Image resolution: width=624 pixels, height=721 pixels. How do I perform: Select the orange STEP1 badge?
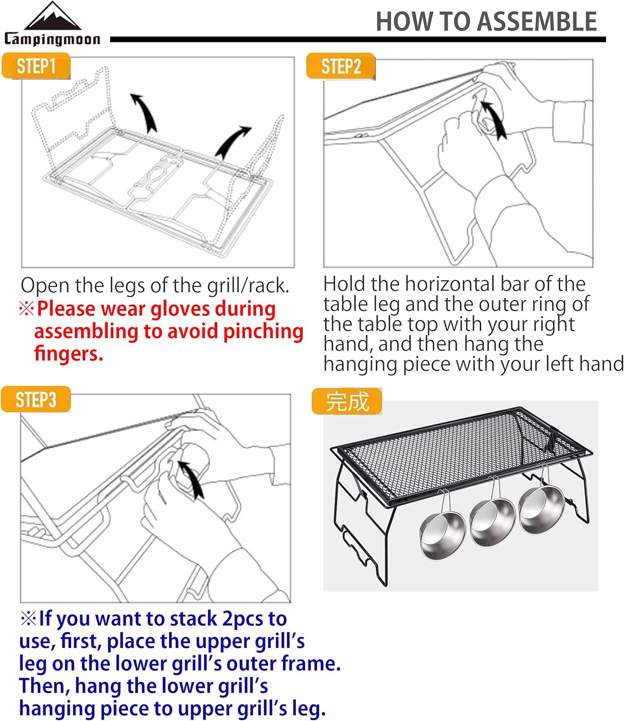(x=36, y=65)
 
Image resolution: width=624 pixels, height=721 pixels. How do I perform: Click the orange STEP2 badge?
(x=341, y=66)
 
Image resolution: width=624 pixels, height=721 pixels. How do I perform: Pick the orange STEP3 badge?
(x=36, y=399)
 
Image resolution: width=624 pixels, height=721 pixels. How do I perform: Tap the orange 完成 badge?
(x=347, y=401)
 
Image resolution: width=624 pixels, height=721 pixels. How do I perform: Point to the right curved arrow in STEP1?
(x=232, y=142)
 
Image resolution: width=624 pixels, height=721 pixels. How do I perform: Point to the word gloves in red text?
(x=180, y=310)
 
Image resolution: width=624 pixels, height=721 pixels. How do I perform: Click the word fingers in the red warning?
(x=69, y=354)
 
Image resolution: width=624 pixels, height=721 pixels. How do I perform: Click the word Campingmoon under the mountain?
(x=52, y=39)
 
